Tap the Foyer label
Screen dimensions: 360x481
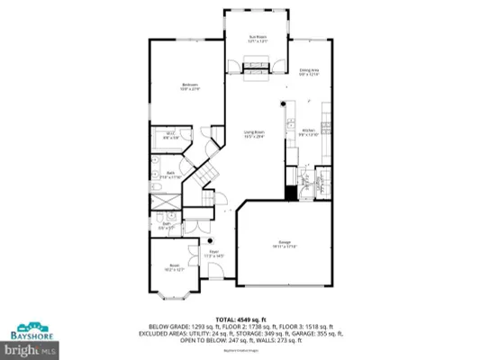pos(213,255)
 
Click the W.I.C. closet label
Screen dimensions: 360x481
pos(169,135)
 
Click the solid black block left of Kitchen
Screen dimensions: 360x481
pos(290,193)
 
